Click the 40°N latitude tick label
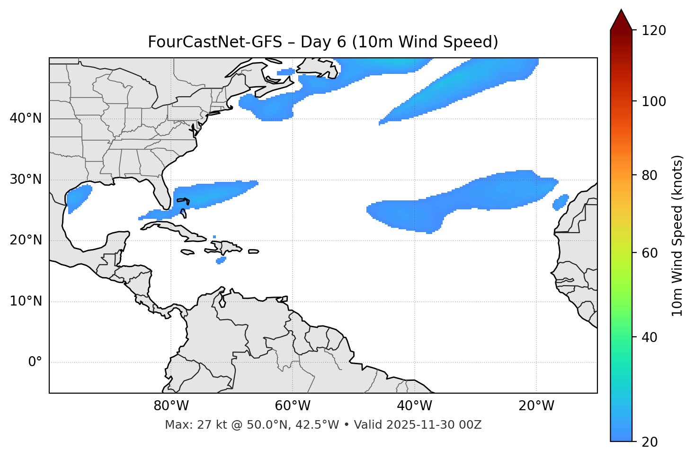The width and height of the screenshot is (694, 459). (x=26, y=118)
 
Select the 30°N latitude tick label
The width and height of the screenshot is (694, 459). (x=26, y=180)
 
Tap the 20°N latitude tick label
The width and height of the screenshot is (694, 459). (x=26, y=240)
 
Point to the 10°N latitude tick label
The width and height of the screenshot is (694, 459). (x=26, y=301)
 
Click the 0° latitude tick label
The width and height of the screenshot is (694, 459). (x=35, y=362)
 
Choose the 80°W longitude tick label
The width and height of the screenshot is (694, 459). (x=171, y=406)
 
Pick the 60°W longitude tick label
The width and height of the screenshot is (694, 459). (x=293, y=406)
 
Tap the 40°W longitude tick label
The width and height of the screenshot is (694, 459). (x=414, y=406)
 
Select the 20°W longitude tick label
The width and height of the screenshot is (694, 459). (x=536, y=406)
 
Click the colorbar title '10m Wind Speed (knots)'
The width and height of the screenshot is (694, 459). (x=677, y=235)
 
